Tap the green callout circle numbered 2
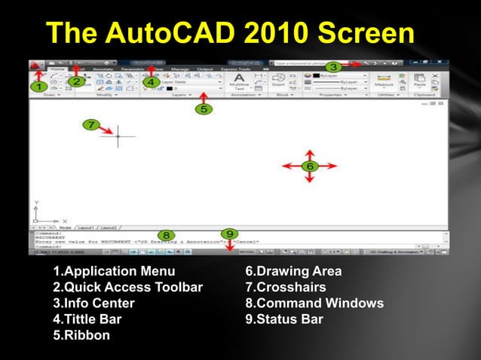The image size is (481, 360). pos(76,81)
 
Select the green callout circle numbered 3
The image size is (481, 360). pos(332,67)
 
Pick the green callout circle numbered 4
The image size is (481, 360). pos(152,81)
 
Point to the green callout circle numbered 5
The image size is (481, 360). pos(204,109)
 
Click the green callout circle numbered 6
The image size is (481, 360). pos(309,166)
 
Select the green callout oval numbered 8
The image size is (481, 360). pos(167,236)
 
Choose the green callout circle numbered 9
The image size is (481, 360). pos(229,234)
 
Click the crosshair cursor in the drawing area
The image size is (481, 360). pos(118,136)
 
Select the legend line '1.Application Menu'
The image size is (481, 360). pos(114,271)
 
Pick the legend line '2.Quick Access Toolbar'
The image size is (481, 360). pos(127,287)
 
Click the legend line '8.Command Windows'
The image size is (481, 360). pos(314,304)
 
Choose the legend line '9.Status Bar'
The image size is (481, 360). pos(284,319)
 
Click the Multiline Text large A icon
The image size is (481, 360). pos(239,78)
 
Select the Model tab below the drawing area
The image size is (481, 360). pos(64,227)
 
